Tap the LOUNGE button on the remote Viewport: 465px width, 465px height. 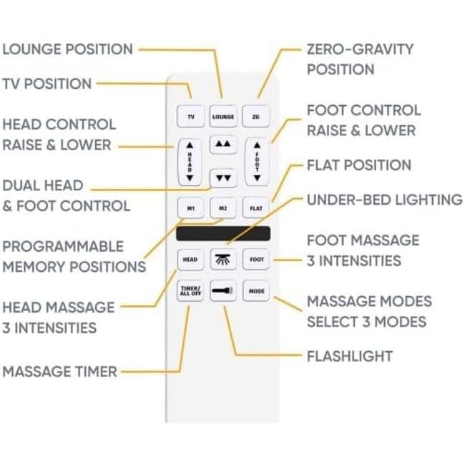222,116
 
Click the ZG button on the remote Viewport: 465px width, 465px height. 255,116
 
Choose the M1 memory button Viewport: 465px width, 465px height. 190,208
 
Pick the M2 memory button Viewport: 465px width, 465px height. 222,208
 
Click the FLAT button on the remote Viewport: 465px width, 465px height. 255,208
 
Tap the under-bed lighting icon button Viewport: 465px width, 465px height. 222,259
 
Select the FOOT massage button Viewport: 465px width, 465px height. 255,259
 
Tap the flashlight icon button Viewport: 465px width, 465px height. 222,291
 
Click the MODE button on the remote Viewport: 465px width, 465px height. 255,291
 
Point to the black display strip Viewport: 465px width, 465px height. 222,234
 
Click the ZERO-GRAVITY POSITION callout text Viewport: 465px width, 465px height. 360,59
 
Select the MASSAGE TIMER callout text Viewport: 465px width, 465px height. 59,371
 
